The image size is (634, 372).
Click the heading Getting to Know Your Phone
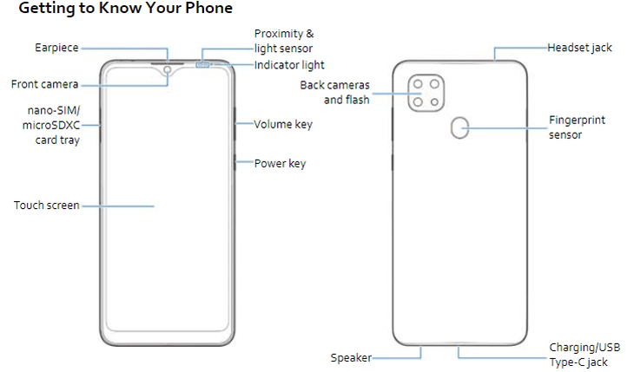pyautogui.click(x=125, y=8)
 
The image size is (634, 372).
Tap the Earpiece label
pyautogui.click(x=56, y=48)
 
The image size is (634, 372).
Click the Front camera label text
pyautogui.click(x=44, y=84)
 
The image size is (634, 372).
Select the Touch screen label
pyautogui.click(x=47, y=206)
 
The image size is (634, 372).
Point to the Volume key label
pyautogui.click(x=283, y=124)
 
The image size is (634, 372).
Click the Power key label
pyautogui.click(x=280, y=164)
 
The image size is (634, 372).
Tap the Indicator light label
pyautogui.click(x=289, y=65)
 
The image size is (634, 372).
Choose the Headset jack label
pyautogui.click(x=579, y=48)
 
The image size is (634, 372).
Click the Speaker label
pyautogui.click(x=351, y=358)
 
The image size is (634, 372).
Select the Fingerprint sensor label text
pyautogui.click(x=577, y=127)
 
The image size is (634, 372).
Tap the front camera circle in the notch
pyautogui.click(x=168, y=70)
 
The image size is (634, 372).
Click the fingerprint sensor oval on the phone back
pyautogui.click(x=459, y=127)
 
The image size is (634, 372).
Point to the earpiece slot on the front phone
pyautogui.click(x=168, y=63)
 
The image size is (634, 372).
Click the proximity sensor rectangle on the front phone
pyautogui.click(x=202, y=65)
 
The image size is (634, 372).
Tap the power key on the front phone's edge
pyautogui.click(x=234, y=162)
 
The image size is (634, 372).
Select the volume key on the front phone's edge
pyautogui.click(x=234, y=124)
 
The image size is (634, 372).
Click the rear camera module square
pyautogui.click(x=426, y=93)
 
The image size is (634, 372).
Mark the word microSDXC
pyautogui.click(x=51, y=125)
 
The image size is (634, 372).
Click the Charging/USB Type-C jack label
pyautogui.click(x=584, y=355)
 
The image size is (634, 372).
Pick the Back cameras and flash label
pyautogui.click(x=334, y=93)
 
